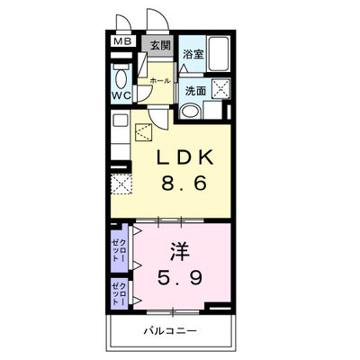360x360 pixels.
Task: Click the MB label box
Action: [123, 41]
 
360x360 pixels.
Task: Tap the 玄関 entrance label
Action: [160, 45]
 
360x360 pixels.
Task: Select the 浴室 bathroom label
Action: [193, 54]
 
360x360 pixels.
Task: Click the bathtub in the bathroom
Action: [219, 54]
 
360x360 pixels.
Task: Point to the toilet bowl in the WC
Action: [121, 79]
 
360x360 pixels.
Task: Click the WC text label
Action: [121, 95]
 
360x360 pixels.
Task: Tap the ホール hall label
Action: [160, 81]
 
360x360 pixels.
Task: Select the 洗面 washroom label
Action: [195, 91]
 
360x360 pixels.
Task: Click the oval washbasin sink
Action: [191, 111]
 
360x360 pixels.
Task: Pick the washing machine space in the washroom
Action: [221, 88]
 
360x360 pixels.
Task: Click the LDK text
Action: [184, 157]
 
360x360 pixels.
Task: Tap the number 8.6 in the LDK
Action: [184, 183]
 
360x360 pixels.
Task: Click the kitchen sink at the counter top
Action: [121, 121]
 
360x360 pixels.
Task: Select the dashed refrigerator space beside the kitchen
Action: [121, 184]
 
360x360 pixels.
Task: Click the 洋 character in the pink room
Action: [180, 251]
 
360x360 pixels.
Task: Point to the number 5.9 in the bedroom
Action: [180, 277]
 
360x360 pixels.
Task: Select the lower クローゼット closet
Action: [119, 292]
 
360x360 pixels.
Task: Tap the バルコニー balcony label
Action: [170, 331]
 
